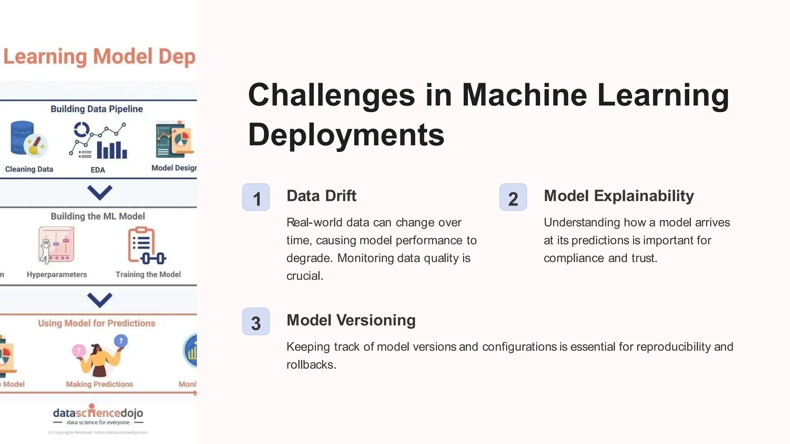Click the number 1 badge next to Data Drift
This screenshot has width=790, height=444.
256,197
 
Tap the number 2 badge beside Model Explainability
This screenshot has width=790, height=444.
513,197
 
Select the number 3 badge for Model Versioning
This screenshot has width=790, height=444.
256,321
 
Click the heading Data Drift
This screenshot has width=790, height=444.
321,196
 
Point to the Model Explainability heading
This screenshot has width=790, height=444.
619,196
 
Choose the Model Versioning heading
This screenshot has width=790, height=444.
351,320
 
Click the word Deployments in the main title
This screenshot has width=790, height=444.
346,135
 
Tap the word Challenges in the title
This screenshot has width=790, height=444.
331,95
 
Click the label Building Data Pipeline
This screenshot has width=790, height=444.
96,109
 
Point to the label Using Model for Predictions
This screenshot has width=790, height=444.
96,323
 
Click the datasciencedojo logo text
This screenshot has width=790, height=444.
98,413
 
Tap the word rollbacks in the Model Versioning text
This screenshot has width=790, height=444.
311,365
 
